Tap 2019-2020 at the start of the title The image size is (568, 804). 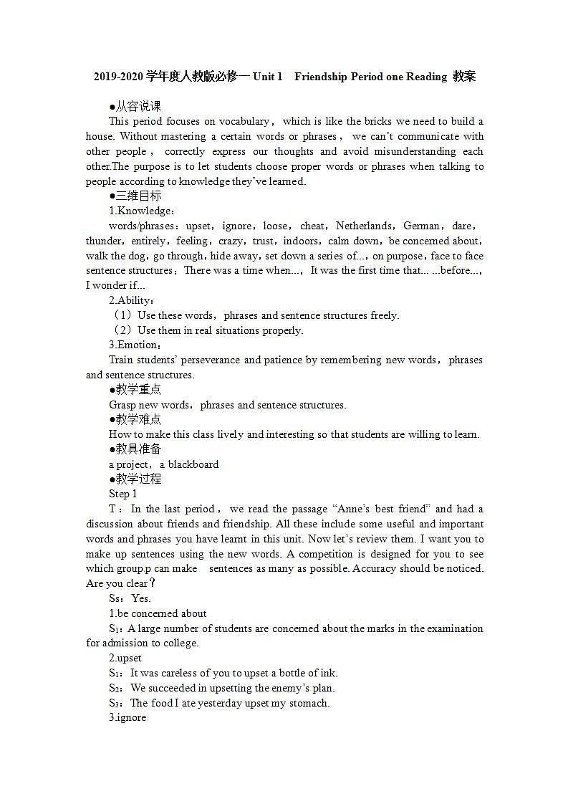[118, 77]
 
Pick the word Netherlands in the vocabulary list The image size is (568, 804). [364, 226]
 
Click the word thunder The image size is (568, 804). [105, 241]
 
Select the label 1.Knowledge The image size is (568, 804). [141, 211]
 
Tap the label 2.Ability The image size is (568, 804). [131, 300]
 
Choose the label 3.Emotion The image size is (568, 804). [135, 345]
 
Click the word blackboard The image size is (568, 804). [193, 464]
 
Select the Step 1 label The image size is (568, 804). [122, 494]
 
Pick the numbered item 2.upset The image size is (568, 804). [125, 658]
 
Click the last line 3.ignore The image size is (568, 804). [127, 717]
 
